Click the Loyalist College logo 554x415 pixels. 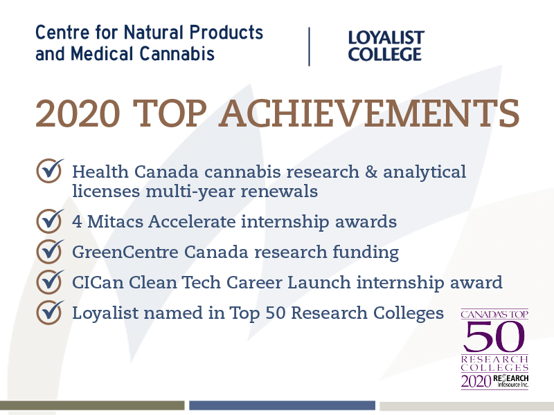pyautogui.click(x=386, y=46)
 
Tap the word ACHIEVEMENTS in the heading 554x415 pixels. pyautogui.click(x=369, y=113)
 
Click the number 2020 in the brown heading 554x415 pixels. pyautogui.click(x=78, y=113)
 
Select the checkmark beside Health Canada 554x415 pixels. pyautogui.click(x=50, y=170)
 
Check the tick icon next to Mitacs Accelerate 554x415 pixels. pyautogui.click(x=50, y=221)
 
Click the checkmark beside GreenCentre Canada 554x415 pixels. pyautogui.click(x=50, y=251)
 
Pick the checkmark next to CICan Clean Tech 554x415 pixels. pyautogui.click(x=50, y=282)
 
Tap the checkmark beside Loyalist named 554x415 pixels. pyautogui.click(x=50, y=312)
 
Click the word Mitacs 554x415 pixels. pyautogui.click(x=116, y=222)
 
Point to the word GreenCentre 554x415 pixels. pyautogui.click(x=125, y=252)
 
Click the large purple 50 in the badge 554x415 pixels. pyautogui.click(x=494, y=337)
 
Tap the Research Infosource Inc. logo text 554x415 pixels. pyautogui.click(x=511, y=381)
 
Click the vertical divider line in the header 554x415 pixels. pyautogui.click(x=309, y=46)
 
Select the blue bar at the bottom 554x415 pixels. pyautogui.click(x=282, y=405)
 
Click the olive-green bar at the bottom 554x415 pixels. pyautogui.click(x=92, y=405)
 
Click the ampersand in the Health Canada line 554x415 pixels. pyautogui.click(x=371, y=172)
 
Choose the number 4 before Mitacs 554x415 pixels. pyautogui.click(x=78, y=222)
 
